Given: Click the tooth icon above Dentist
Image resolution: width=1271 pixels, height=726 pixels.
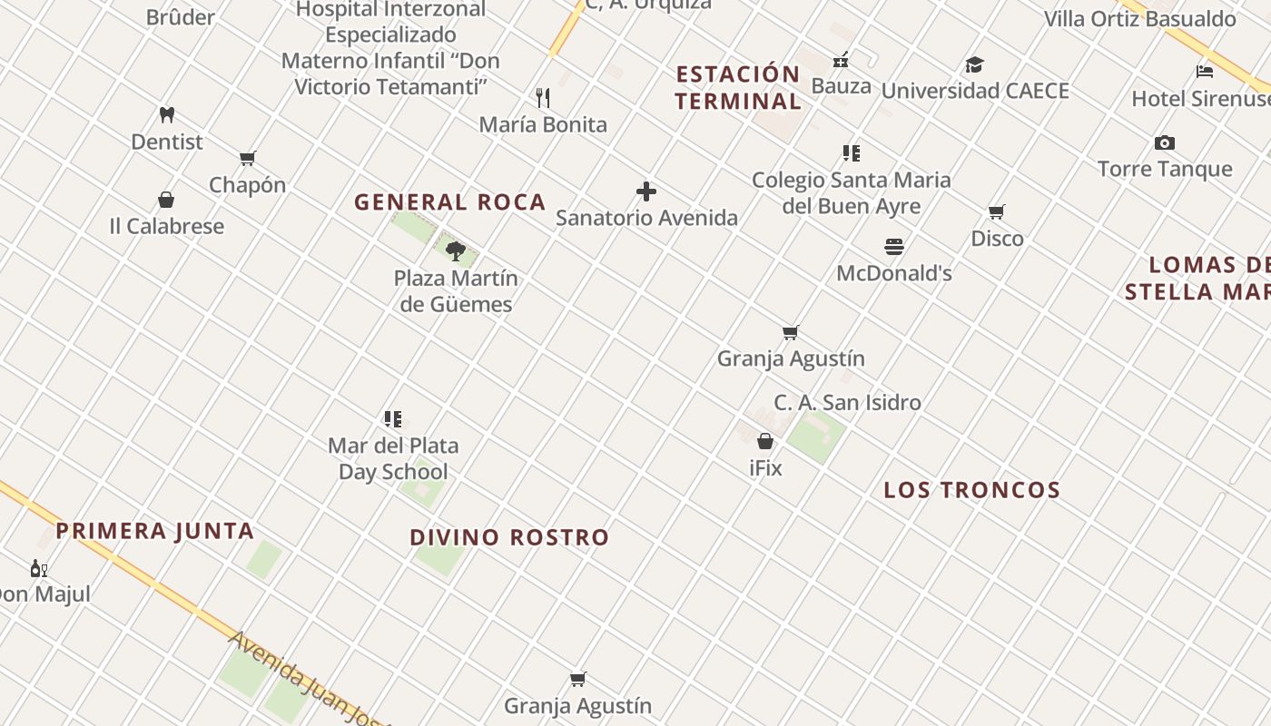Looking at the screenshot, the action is [166, 115].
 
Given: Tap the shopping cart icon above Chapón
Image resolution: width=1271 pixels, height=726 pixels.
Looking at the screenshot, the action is [247, 159].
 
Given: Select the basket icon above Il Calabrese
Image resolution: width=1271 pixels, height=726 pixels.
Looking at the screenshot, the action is [166, 200].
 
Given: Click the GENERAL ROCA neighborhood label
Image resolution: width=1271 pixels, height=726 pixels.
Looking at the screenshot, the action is [450, 202].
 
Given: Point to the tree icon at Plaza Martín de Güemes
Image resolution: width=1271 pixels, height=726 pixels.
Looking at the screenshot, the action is [456, 251].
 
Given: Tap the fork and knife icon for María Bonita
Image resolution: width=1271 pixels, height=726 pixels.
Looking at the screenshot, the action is [543, 98].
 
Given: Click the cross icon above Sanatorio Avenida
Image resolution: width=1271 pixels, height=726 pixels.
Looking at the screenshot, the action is [646, 191].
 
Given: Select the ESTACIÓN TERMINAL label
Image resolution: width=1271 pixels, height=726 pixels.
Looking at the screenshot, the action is [738, 87].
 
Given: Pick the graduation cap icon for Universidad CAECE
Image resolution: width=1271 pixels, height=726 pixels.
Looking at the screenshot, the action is [974, 65].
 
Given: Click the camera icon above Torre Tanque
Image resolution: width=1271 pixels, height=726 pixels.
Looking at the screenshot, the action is [1165, 142].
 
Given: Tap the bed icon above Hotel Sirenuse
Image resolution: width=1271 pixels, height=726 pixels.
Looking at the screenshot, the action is [1205, 72].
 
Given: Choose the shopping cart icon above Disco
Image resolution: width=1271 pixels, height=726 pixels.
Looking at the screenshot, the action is [997, 212].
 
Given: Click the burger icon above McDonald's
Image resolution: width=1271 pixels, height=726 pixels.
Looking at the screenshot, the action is [894, 247].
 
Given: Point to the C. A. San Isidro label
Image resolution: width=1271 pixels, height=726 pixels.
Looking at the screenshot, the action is [847, 402].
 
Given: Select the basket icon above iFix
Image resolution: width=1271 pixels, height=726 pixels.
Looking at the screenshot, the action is [765, 442].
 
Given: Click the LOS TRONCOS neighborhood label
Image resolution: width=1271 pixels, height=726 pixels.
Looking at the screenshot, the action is [972, 490].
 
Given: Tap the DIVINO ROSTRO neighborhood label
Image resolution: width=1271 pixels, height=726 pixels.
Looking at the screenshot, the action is [509, 537].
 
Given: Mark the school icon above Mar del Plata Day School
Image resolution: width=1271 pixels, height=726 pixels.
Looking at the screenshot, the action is [393, 419].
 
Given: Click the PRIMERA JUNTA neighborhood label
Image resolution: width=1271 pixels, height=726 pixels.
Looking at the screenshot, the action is [155, 531].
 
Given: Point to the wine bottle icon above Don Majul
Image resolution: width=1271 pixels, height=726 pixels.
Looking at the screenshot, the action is [38, 569].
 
